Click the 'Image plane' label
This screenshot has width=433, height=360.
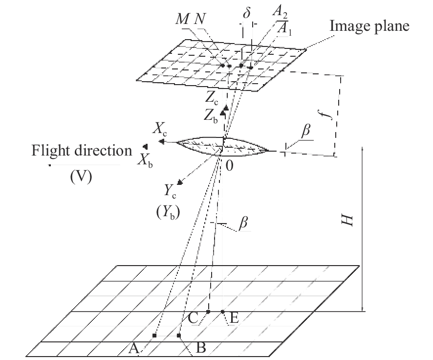[369, 26]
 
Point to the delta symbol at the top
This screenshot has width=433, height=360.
[247, 13]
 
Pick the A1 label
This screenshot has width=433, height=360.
[284, 30]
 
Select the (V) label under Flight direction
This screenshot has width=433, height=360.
[81, 176]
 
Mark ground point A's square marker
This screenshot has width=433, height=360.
[154, 336]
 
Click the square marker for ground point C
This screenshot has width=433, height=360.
[208, 312]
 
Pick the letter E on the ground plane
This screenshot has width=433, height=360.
[234, 319]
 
